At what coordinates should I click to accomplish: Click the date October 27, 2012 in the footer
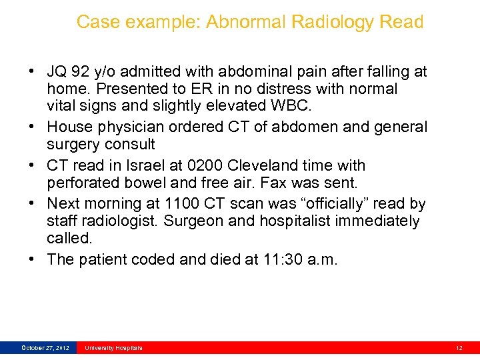(x=45, y=348)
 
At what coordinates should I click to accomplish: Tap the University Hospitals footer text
(x=113, y=348)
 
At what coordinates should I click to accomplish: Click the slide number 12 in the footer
(x=459, y=348)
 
